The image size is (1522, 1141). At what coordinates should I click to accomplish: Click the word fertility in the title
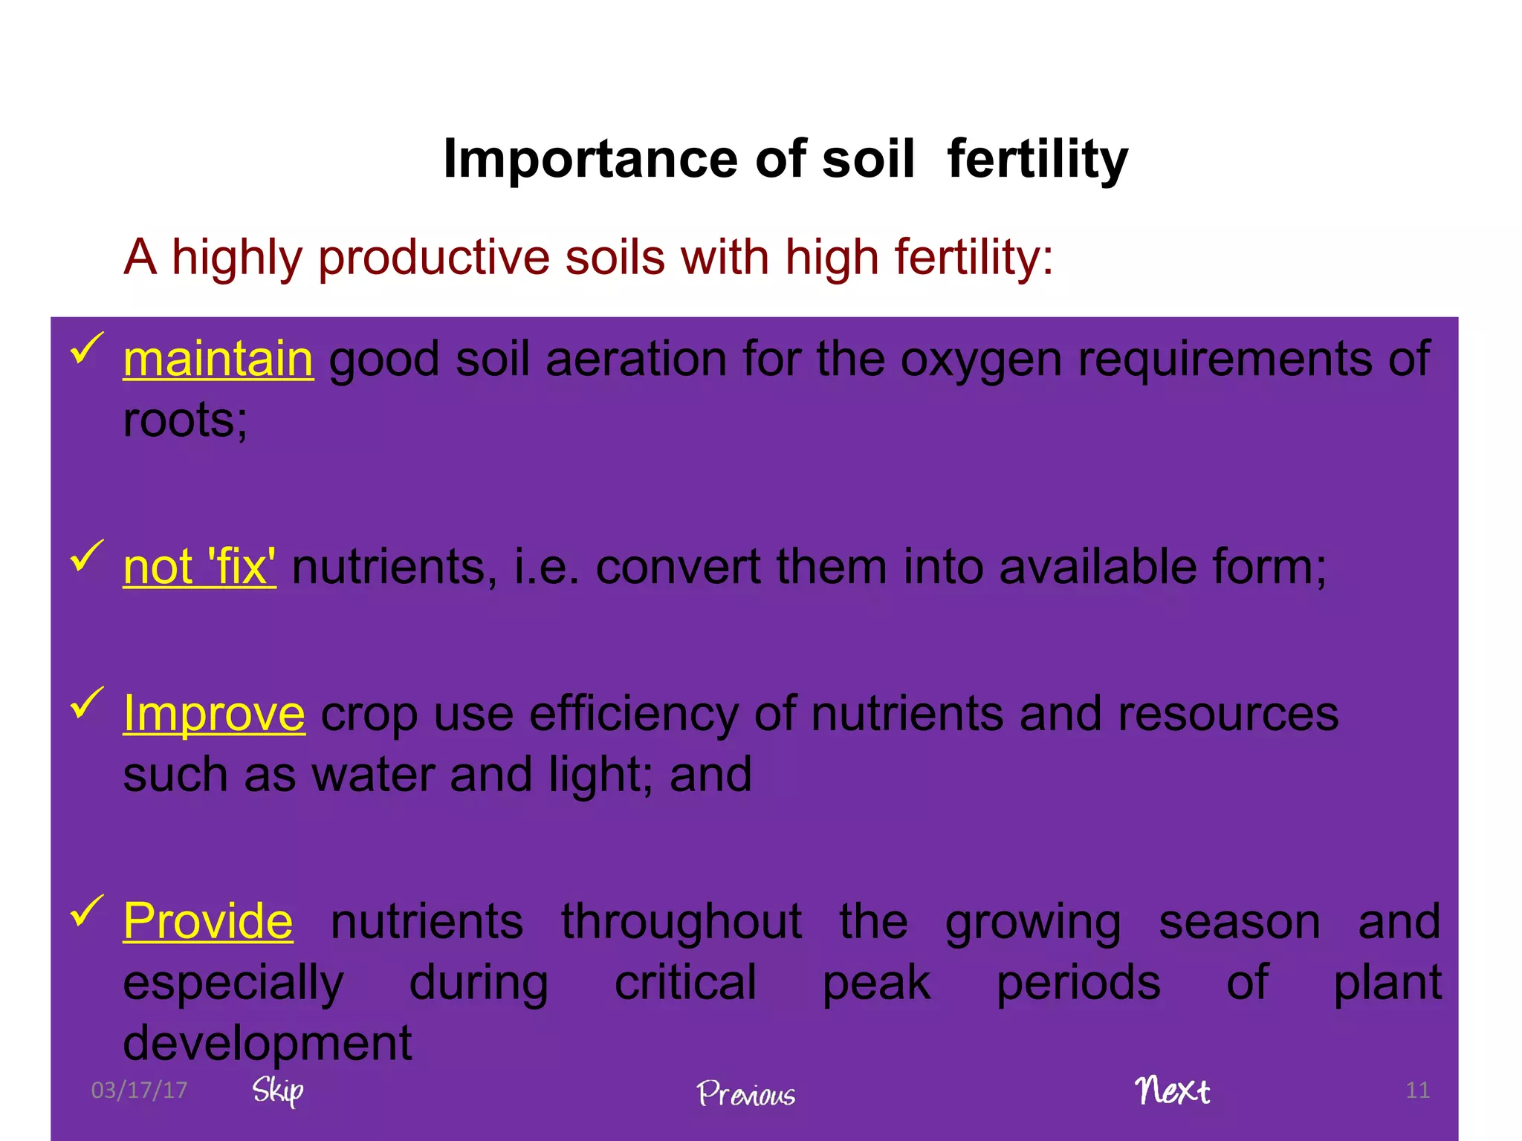pos(1037,160)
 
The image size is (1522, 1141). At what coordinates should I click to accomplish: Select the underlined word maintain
pos(218,360)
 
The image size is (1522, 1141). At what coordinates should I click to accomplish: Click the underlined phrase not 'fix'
pos(199,568)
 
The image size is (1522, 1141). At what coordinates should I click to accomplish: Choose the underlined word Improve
pos(214,714)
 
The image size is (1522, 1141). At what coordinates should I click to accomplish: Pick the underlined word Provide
pos(208,922)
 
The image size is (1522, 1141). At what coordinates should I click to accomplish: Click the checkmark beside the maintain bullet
pos(86,348)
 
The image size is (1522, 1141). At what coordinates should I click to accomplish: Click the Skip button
pos(277,1090)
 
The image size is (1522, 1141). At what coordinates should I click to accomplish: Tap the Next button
pos(1172,1090)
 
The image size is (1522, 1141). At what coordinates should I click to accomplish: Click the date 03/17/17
pos(139,1090)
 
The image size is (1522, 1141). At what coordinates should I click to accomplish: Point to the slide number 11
pos(1417,1090)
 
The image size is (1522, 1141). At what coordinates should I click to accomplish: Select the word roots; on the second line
pos(185,420)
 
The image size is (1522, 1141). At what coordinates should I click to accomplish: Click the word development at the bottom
pos(267,1043)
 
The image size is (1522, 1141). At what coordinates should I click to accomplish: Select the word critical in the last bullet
pos(685,983)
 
